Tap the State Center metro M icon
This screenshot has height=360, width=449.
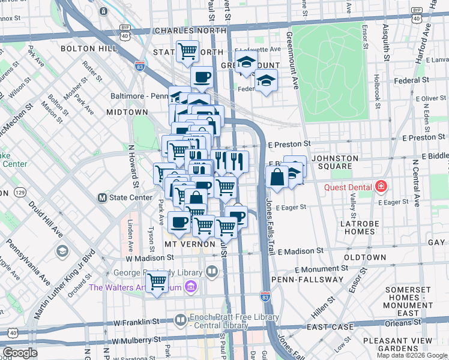coord(102,197)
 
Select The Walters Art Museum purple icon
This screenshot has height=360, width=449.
coord(191,287)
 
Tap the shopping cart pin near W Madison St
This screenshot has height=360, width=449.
coord(157,280)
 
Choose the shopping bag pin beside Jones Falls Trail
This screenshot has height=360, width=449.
coord(277,178)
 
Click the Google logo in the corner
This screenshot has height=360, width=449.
coord(20,352)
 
